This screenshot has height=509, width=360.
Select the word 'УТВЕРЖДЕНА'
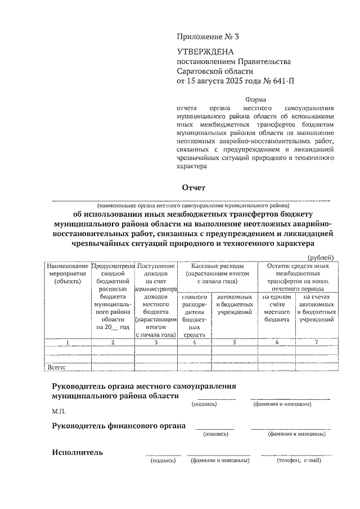pyautogui.click(x=202, y=52)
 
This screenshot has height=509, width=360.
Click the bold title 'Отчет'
pyautogui.click(x=194, y=187)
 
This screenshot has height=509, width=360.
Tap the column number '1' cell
pyautogui.click(x=67, y=342)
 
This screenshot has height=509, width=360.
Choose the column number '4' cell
pyautogui.click(x=194, y=342)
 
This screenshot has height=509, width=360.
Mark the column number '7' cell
pyautogui.click(x=316, y=342)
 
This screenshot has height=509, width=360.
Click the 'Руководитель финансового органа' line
pyautogui.click(x=119, y=426)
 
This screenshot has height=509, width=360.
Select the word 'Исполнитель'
pyautogui.click(x=77, y=452)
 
